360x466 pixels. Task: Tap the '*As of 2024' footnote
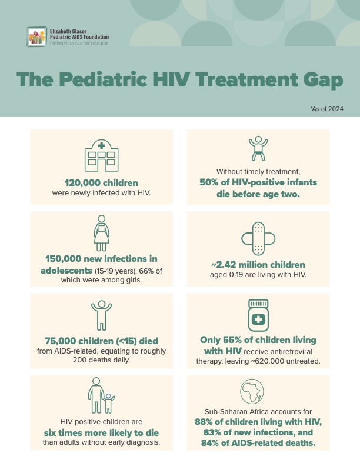click(326, 109)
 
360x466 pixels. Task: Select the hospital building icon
click(101, 155)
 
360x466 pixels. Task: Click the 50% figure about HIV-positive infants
click(212, 182)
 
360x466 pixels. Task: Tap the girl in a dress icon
click(101, 233)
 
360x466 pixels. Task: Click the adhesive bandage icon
click(258, 238)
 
